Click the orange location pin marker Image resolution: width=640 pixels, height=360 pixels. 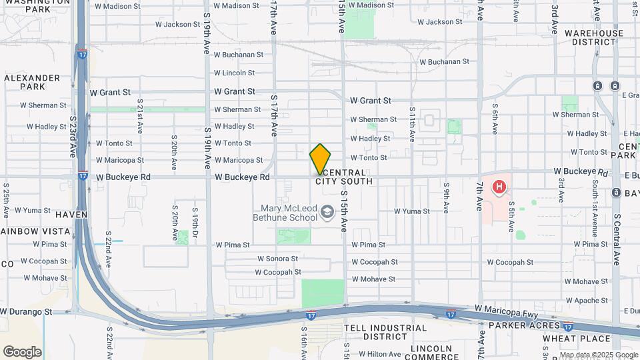point(320,159)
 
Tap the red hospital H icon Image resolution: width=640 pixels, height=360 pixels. point(499,187)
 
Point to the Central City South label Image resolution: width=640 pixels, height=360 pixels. point(344,177)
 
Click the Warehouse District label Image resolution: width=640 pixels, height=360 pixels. point(594,37)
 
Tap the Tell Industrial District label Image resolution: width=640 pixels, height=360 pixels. point(385,332)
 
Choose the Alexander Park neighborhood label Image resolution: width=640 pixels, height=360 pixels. point(24,82)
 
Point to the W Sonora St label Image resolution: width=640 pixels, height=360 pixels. point(277,259)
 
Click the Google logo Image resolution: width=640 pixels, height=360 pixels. point(22,351)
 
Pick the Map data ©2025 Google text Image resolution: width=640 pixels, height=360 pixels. point(598,355)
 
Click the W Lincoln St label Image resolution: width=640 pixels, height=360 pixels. point(234,73)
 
